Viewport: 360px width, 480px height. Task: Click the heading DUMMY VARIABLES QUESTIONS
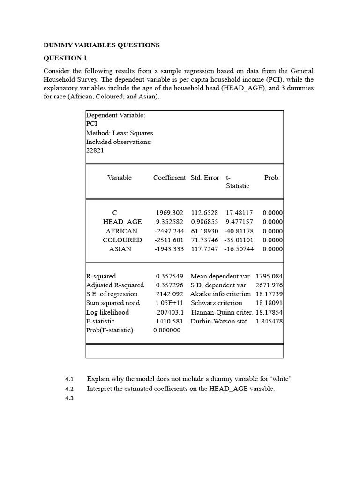click(101, 45)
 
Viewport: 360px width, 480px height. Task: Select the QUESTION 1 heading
click(65, 58)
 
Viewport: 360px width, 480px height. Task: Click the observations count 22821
click(95, 150)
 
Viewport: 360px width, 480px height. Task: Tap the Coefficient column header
click(169, 178)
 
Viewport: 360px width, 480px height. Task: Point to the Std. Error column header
click(205, 178)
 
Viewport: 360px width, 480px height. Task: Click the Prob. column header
click(272, 178)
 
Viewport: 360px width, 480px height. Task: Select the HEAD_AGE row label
click(122, 222)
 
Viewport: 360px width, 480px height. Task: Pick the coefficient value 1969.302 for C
click(169, 213)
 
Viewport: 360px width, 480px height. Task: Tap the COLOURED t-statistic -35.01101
click(239, 240)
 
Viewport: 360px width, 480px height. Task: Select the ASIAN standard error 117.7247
click(204, 249)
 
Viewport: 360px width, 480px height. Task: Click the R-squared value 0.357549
click(169, 277)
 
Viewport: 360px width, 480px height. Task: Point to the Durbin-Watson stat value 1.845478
click(269, 322)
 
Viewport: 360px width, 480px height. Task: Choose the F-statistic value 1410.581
click(169, 322)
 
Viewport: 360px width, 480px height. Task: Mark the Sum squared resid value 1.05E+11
click(169, 303)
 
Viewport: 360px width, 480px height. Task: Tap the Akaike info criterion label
click(220, 294)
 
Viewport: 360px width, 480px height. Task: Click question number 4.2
click(70, 389)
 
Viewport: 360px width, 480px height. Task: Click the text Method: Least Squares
click(120, 133)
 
